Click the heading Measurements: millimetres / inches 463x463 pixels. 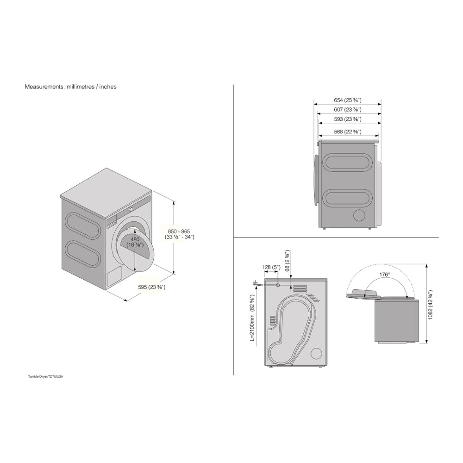tap(70, 86)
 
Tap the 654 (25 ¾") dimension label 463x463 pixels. tap(347, 100)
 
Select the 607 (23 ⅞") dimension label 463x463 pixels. tap(347, 110)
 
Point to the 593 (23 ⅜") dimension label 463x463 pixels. tap(347, 119)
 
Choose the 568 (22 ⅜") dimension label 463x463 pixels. tap(348, 131)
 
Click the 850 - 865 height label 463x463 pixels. tap(180, 234)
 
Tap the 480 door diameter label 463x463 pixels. tap(135, 242)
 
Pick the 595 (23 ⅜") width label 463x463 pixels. tap(152, 287)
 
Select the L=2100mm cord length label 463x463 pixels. tap(252, 319)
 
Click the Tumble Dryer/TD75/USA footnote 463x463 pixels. tap(45, 377)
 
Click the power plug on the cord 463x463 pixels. tap(255, 283)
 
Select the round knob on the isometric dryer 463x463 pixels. tap(131, 209)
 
